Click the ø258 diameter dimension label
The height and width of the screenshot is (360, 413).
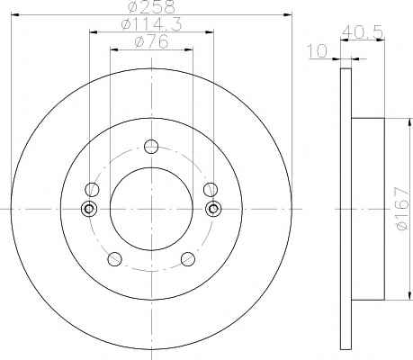click(151, 6)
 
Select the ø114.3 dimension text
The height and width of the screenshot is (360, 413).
click(152, 24)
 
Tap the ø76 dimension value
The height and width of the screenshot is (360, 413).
click(152, 41)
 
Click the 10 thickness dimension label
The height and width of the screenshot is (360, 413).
click(318, 51)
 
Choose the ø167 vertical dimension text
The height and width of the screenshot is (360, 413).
click(402, 209)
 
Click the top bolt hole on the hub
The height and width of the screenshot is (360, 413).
click(151, 146)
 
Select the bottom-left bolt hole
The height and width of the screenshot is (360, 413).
click(114, 259)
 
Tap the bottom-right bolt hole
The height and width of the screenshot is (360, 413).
click(188, 259)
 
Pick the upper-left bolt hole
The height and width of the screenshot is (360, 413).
click(92, 189)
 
